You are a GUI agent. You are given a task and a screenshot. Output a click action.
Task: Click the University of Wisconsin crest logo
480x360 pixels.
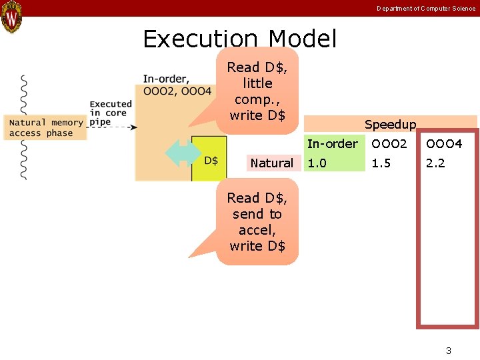click(x=12, y=17)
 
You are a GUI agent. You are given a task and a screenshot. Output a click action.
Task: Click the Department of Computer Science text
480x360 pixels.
click(x=426, y=9)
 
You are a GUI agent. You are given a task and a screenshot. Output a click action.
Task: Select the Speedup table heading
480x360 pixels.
click(x=390, y=125)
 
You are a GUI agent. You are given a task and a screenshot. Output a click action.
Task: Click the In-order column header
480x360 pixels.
click(x=332, y=143)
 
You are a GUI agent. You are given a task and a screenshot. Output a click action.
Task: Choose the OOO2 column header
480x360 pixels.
click(x=389, y=143)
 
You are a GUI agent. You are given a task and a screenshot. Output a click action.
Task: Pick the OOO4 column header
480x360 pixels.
click(x=444, y=143)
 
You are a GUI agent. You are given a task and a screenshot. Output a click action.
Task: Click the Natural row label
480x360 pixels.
click(x=271, y=163)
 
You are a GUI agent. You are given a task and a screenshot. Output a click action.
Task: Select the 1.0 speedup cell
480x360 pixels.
click(x=317, y=163)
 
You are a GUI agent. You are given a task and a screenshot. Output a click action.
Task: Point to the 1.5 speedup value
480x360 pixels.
click(x=381, y=163)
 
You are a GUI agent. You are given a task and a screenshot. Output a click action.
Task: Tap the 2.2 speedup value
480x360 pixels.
click(x=435, y=163)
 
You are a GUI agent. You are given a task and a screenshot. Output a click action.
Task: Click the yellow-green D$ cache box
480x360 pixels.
click(x=211, y=160)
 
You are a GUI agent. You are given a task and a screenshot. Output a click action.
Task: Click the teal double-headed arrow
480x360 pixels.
click(x=183, y=153)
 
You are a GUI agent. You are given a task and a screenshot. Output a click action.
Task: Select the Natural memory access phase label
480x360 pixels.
click(x=46, y=128)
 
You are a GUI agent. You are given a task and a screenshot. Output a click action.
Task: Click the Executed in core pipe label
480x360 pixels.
click(x=111, y=113)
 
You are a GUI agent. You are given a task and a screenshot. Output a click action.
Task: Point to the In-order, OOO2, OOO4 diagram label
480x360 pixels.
click(x=177, y=85)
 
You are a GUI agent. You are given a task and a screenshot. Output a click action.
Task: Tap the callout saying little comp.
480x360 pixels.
click(x=257, y=91)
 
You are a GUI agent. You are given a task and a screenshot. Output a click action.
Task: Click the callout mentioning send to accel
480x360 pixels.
click(x=257, y=222)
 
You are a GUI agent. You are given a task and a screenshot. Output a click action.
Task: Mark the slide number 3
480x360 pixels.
click(x=449, y=351)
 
